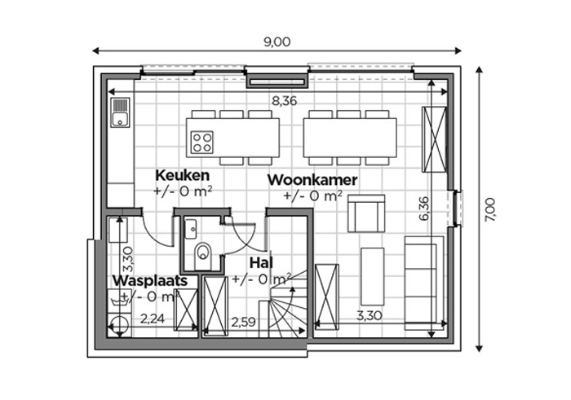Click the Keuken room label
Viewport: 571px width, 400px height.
pyautogui.click(x=183, y=175)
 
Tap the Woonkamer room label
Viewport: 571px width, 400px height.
pyautogui.click(x=312, y=180)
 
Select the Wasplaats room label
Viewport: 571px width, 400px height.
pyautogui.click(x=150, y=281)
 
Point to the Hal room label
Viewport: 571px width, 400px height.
pyautogui.click(x=261, y=263)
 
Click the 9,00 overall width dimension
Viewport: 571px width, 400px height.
pyautogui.click(x=277, y=42)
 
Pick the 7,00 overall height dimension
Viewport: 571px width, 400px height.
pyautogui.click(x=489, y=209)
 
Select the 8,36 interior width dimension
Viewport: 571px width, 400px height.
pyautogui.click(x=285, y=101)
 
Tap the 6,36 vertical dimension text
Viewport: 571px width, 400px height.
pyautogui.click(x=424, y=209)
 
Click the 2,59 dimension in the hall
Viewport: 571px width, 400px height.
pyautogui.click(x=244, y=322)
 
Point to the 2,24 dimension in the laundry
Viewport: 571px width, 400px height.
pyautogui.click(x=153, y=319)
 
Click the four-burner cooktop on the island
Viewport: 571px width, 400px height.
pyautogui.click(x=202, y=143)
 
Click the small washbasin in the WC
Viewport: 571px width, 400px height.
pyautogui.click(x=190, y=228)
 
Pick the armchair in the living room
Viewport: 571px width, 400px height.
pyautogui.click(x=366, y=213)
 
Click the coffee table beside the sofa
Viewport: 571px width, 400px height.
pyautogui.click(x=372, y=276)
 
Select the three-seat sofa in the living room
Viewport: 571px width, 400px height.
pyautogui.click(x=424, y=283)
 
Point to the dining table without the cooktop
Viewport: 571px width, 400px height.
pyautogui.click(x=350, y=138)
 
